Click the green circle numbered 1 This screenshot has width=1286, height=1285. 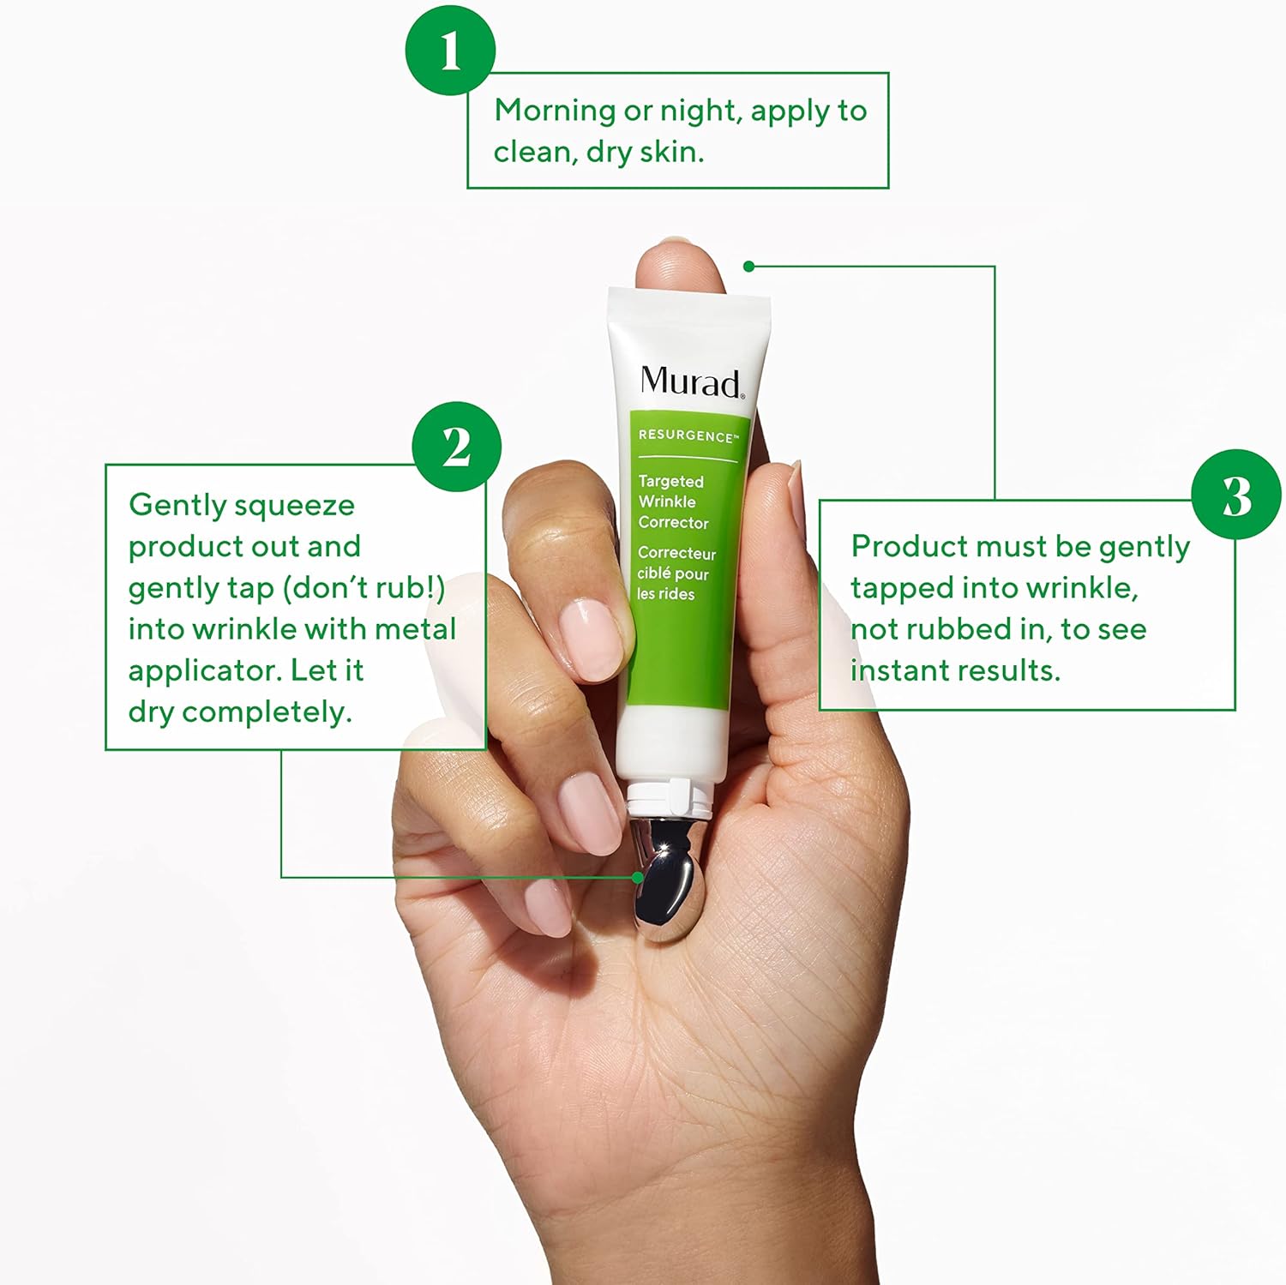(450, 50)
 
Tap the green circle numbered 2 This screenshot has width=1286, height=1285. (456, 447)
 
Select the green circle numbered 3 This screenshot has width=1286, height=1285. (1236, 495)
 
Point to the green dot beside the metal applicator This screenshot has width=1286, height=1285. (637, 877)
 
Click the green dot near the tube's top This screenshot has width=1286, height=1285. (748, 267)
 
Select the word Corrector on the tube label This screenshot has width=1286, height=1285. (673, 522)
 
